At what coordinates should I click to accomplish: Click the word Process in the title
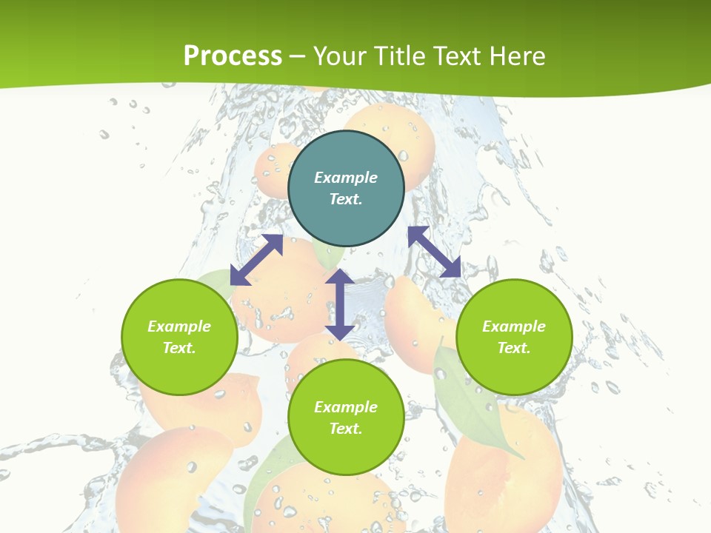pos(233,56)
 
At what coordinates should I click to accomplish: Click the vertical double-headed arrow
pos(339,304)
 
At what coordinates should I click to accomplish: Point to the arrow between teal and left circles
pos(256,260)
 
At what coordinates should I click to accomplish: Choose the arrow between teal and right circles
pos(434,252)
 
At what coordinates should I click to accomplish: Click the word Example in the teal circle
pos(346,178)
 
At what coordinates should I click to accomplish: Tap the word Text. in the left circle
pos(179,348)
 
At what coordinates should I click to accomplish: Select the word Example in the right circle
pos(514,326)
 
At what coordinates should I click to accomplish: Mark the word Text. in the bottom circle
pos(346,429)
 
